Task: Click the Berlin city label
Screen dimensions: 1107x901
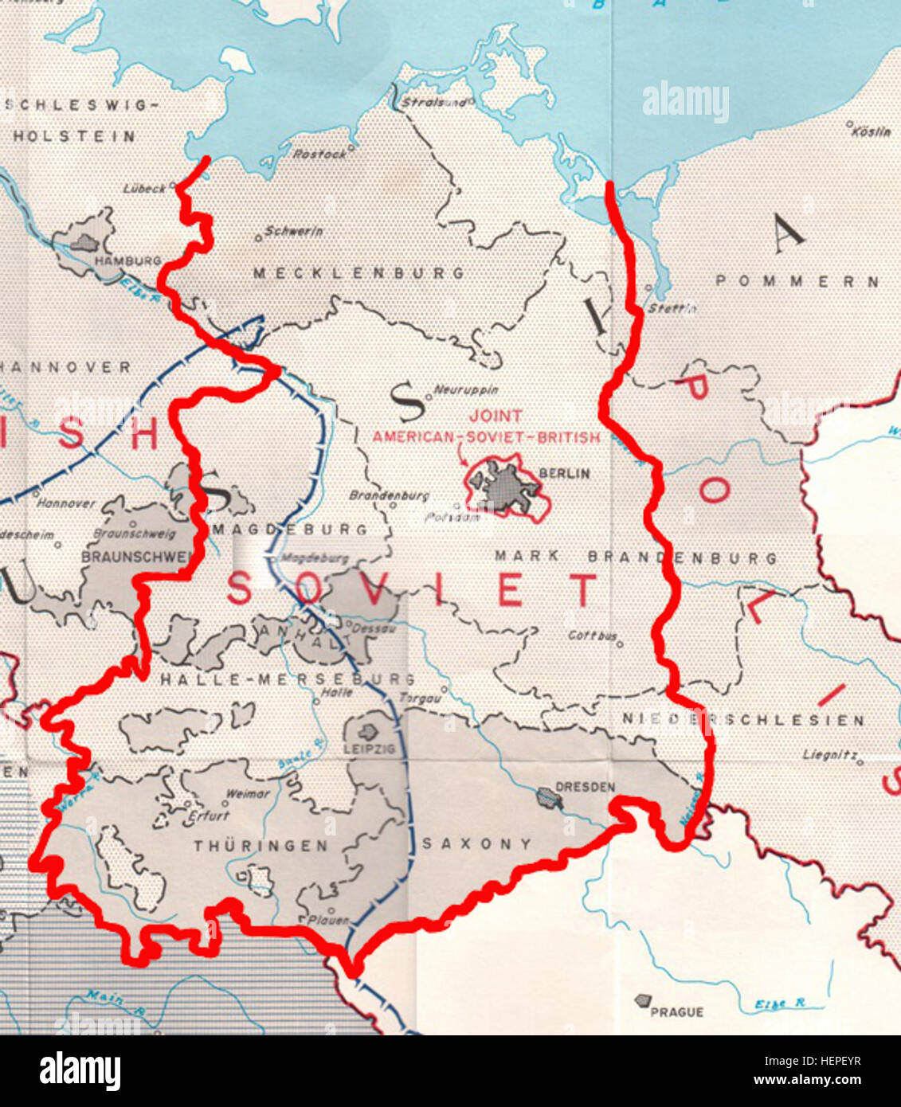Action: pyautogui.click(x=565, y=473)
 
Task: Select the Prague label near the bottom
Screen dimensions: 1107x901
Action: pyautogui.click(x=676, y=1012)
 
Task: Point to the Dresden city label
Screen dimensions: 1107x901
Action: pyautogui.click(x=585, y=787)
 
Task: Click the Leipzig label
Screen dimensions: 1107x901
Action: pyautogui.click(x=369, y=749)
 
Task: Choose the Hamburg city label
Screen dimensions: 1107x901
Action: pyautogui.click(x=127, y=260)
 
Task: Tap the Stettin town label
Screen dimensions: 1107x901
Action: pyautogui.click(x=672, y=308)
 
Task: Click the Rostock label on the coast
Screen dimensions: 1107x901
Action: pyautogui.click(x=319, y=155)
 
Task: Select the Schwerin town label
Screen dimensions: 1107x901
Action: pyautogui.click(x=293, y=232)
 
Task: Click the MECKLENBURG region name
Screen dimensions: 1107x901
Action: pyautogui.click(x=358, y=273)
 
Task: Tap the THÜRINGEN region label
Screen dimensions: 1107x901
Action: pyautogui.click(x=260, y=846)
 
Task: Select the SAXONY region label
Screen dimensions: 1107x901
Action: pyautogui.click(x=476, y=843)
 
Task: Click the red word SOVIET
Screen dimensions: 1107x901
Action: pyautogui.click(x=411, y=590)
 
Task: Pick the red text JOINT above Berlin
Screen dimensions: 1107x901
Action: pyautogui.click(x=496, y=416)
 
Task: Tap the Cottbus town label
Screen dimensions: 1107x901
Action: pyautogui.click(x=593, y=636)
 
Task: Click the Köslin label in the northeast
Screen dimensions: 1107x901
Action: pyautogui.click(x=872, y=132)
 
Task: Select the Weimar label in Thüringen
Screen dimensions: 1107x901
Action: pyautogui.click(x=248, y=794)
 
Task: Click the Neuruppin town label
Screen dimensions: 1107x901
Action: pyautogui.click(x=465, y=390)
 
